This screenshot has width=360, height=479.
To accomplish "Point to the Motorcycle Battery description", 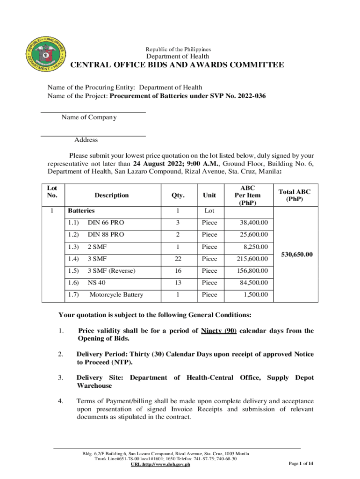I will pos(116,295).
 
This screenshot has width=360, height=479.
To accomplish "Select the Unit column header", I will pos(209,196).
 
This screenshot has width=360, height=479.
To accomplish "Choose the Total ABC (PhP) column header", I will pos(294,196).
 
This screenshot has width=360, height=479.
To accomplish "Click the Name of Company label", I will pos(89,117).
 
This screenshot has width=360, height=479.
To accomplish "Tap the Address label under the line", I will pos(86,140).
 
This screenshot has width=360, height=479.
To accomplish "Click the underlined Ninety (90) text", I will pos(218,331).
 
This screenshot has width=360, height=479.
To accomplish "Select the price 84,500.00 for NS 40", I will pos(252,283).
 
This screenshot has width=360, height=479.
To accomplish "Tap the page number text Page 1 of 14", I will pos(301,464).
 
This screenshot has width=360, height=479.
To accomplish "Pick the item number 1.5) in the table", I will pos(73,271).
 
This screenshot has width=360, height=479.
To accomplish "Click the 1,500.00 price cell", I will pos(256,295).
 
